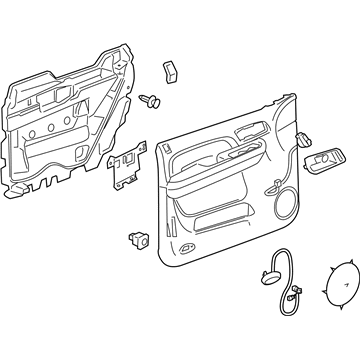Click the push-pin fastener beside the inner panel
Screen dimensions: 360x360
(x=152, y=100)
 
